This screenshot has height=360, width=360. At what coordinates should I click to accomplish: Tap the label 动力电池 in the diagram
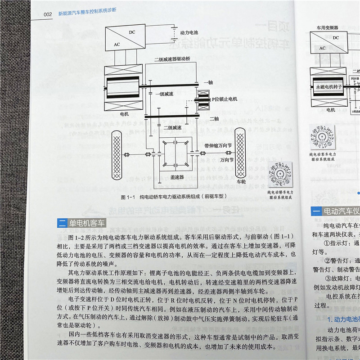(x=189, y=33)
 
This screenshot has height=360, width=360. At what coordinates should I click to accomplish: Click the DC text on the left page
(x=131, y=32)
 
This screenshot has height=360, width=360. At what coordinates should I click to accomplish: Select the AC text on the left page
(x=117, y=45)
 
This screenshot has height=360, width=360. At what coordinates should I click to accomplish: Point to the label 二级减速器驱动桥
(x=171, y=59)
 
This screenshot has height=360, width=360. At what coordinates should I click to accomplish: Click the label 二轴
(x=214, y=119)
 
